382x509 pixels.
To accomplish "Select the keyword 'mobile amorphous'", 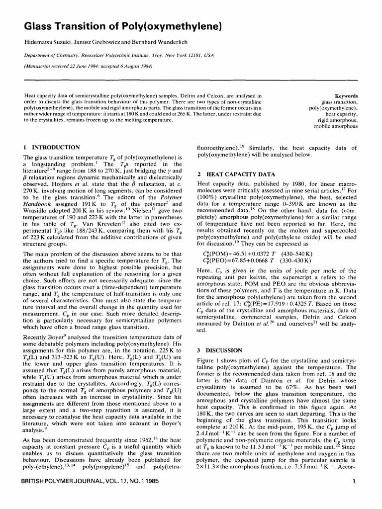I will pos(336,126).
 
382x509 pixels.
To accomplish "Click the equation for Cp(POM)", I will pos(233,254).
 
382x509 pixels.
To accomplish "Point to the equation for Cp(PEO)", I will pos(233,261).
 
